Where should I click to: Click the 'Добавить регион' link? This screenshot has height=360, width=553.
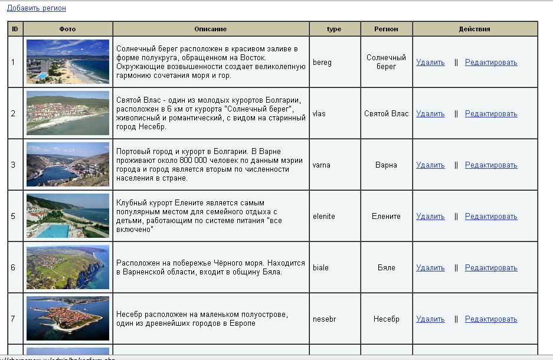(x=37, y=8)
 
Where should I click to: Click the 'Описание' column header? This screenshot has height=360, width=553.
(x=210, y=29)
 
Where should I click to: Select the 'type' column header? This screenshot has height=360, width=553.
(x=334, y=29)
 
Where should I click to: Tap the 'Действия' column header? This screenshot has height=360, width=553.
(x=475, y=29)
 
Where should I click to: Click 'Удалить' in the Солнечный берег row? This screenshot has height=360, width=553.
(x=430, y=63)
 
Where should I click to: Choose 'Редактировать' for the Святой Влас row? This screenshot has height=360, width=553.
(x=491, y=114)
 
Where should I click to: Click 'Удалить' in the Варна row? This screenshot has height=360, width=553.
(x=430, y=165)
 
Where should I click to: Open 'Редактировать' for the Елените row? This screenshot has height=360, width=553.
(x=491, y=217)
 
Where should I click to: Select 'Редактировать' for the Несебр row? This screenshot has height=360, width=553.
(x=491, y=319)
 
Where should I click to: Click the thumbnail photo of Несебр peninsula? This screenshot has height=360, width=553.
(x=68, y=319)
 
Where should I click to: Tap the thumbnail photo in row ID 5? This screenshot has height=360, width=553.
(x=68, y=216)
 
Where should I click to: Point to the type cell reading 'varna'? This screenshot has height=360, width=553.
(x=322, y=165)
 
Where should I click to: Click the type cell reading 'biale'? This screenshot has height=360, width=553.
(x=321, y=268)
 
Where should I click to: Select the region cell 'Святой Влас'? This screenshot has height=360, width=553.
(x=386, y=114)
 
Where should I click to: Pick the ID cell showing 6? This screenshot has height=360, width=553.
(x=14, y=268)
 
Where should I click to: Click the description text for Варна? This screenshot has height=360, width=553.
(x=210, y=165)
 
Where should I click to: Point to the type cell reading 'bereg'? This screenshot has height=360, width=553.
(x=322, y=63)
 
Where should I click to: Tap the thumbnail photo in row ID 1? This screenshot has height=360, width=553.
(x=68, y=61)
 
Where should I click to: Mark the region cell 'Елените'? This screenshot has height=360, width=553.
(x=386, y=217)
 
